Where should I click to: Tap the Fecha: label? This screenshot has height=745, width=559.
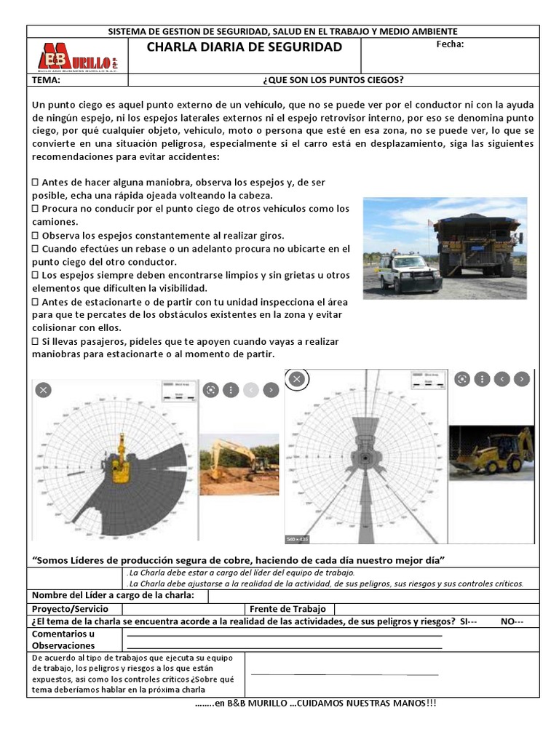coord(449,44)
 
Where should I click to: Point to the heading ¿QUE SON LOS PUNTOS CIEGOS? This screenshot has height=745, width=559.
coord(333,80)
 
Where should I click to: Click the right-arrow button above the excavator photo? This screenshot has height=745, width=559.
coord(270,390)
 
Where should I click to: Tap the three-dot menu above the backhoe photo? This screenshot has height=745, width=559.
coord(481,379)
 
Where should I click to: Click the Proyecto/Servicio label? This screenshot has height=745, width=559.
coord(70,609)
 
